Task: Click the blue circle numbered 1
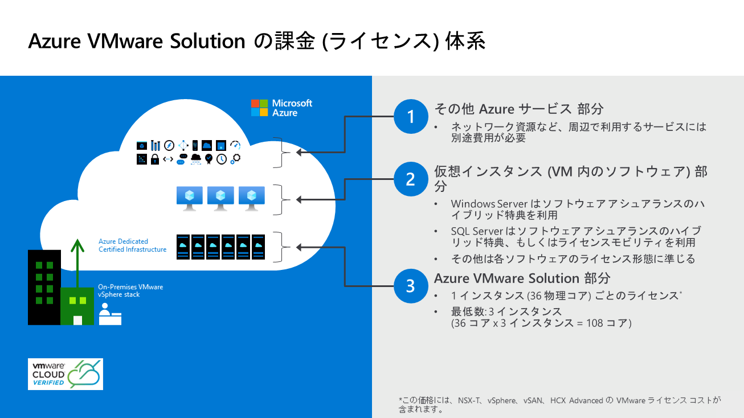click(410, 117)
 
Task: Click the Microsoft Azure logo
click(282, 108)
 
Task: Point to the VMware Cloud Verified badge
click(66, 374)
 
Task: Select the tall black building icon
click(44, 287)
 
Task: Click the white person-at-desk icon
click(109, 314)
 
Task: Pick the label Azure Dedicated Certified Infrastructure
click(132, 245)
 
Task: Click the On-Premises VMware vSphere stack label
click(130, 290)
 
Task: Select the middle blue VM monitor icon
click(220, 198)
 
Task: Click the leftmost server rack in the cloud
click(183, 246)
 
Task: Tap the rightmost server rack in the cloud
click(259, 246)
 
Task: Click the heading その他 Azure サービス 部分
click(518, 109)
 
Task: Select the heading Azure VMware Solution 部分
click(522, 278)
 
